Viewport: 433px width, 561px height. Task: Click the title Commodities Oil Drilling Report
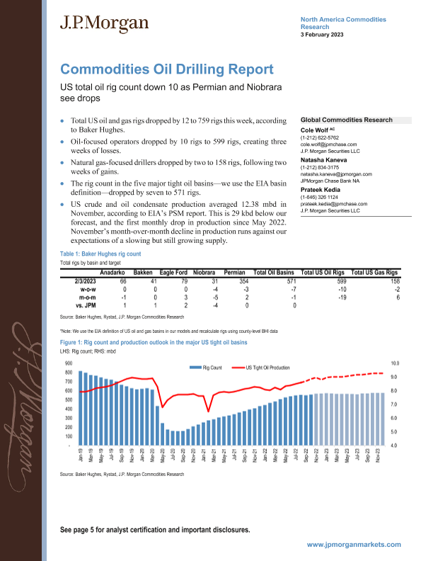[166, 69]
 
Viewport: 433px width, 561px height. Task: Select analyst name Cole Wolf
[318, 131]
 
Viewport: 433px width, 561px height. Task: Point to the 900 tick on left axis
[68, 363]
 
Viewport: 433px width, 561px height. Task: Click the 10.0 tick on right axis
[395, 363]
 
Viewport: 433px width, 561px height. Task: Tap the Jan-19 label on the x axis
[80, 457]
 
